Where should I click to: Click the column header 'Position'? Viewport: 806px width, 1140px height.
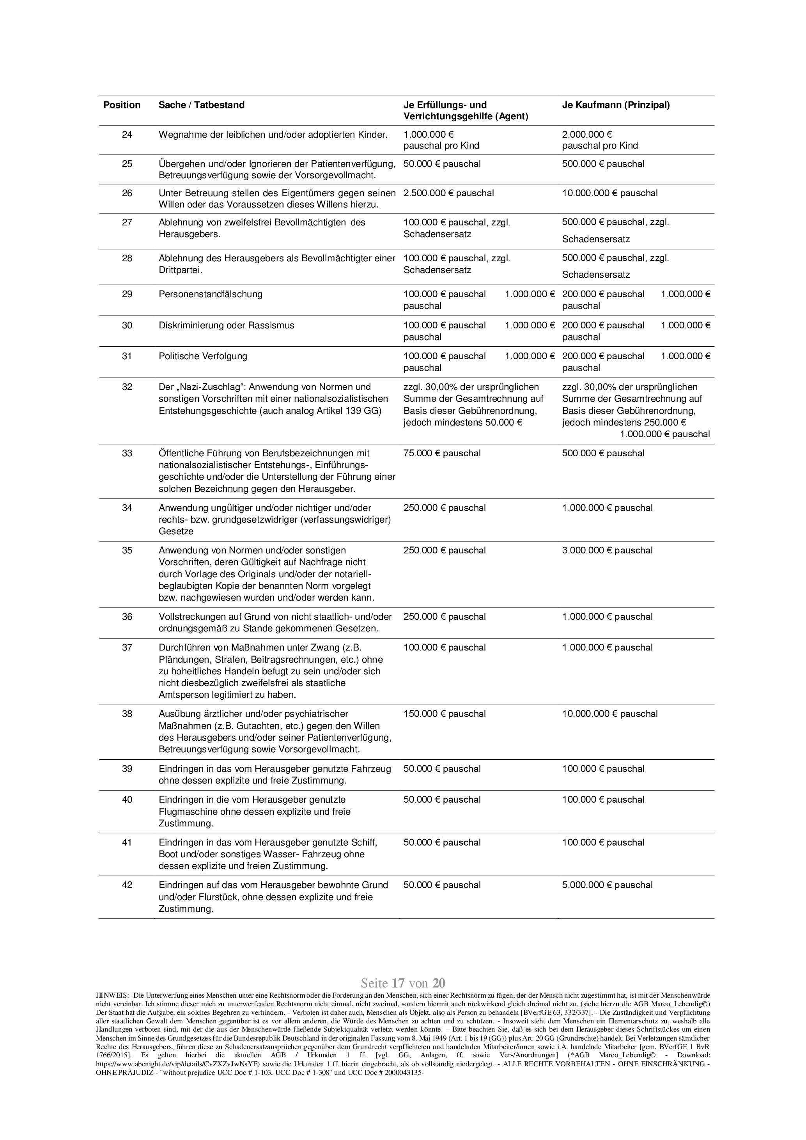[x=122, y=105]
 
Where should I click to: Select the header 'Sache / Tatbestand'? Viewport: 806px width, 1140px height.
[x=202, y=105]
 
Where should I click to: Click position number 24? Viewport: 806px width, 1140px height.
[x=127, y=135]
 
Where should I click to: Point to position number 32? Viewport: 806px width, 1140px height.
[x=127, y=387]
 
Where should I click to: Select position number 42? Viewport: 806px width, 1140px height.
[x=127, y=885]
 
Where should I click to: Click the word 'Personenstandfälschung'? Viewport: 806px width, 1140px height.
[x=211, y=294]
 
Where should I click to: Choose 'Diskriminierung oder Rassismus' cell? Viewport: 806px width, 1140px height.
[x=226, y=326]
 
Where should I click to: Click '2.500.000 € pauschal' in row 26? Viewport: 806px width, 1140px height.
[x=449, y=193]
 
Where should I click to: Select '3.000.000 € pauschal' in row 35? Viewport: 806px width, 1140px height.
[x=608, y=551]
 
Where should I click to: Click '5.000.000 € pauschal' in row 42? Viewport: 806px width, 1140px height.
[x=608, y=885]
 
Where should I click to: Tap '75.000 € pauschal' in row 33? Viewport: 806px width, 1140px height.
[x=442, y=453]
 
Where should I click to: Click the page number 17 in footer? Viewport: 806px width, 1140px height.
[x=398, y=983]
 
